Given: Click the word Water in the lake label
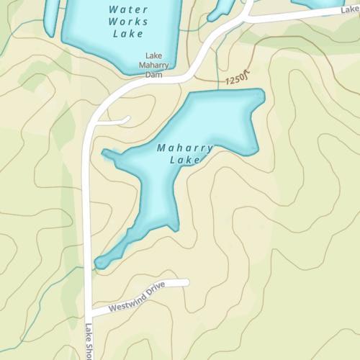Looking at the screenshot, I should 128,9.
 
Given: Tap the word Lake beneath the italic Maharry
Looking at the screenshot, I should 184,160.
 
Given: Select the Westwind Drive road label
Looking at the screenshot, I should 137,297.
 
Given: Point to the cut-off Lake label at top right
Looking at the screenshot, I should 350,9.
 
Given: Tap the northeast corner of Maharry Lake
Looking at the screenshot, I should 261,93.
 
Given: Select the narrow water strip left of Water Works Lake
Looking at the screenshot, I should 49,18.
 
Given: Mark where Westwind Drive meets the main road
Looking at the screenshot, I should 91,315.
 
